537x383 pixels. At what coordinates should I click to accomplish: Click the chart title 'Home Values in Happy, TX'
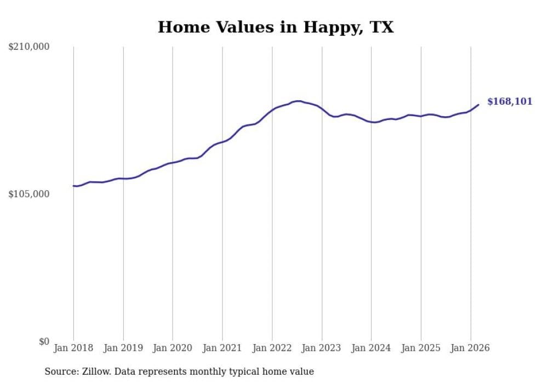pos(276,27)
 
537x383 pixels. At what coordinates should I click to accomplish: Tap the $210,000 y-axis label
pos(29,47)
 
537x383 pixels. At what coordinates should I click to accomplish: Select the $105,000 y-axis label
pos(29,195)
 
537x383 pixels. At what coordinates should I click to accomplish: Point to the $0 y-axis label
pos(44,342)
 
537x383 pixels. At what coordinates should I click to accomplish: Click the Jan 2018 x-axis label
pos(73,348)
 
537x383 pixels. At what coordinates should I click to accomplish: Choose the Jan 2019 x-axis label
pos(123,348)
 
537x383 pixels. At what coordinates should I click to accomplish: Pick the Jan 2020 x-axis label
pos(173,348)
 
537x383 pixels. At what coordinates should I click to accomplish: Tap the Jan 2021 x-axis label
pos(222,348)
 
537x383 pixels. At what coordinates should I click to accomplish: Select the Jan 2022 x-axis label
pos(272,348)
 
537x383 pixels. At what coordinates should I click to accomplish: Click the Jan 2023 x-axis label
pos(322,348)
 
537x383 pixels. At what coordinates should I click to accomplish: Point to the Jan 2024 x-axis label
pos(371,348)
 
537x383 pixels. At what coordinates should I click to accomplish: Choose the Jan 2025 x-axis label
pos(421,348)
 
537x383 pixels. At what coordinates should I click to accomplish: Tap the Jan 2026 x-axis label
pos(470,348)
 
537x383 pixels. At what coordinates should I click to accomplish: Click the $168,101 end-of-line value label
pos(510,101)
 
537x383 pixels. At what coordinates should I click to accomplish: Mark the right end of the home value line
pos(478,105)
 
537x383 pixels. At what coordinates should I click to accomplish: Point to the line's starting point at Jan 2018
pos(73,186)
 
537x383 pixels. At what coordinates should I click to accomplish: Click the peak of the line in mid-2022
pos(298,101)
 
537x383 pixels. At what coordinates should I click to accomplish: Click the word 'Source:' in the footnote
pos(60,371)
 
